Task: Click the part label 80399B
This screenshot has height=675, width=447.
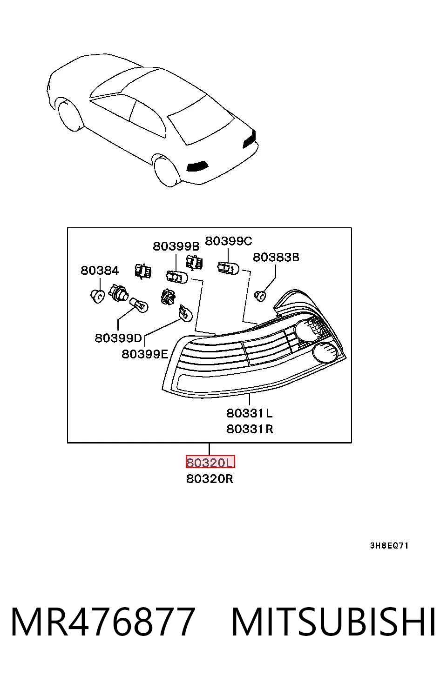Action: click(x=176, y=246)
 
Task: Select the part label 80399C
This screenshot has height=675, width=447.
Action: click(x=229, y=241)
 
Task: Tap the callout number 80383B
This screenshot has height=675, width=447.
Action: click(x=276, y=257)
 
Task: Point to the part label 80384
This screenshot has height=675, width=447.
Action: click(x=100, y=270)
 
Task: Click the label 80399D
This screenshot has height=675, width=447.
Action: click(x=118, y=338)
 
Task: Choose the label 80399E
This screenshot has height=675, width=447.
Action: click(x=145, y=354)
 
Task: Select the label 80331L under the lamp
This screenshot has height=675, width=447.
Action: click(x=250, y=413)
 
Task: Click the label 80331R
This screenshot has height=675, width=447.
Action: click(x=250, y=429)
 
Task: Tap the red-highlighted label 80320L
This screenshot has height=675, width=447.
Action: click(x=210, y=462)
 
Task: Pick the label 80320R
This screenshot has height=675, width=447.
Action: click(x=210, y=479)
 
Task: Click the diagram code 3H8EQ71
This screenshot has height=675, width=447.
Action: click(x=389, y=546)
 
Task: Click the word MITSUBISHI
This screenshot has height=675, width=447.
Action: click(x=333, y=622)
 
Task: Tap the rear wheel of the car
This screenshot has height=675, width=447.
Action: click(x=167, y=171)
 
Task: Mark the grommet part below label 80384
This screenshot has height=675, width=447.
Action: click(x=98, y=296)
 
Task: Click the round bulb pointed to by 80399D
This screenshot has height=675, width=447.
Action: click(x=139, y=305)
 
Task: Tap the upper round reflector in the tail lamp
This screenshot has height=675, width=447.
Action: click(x=308, y=331)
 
